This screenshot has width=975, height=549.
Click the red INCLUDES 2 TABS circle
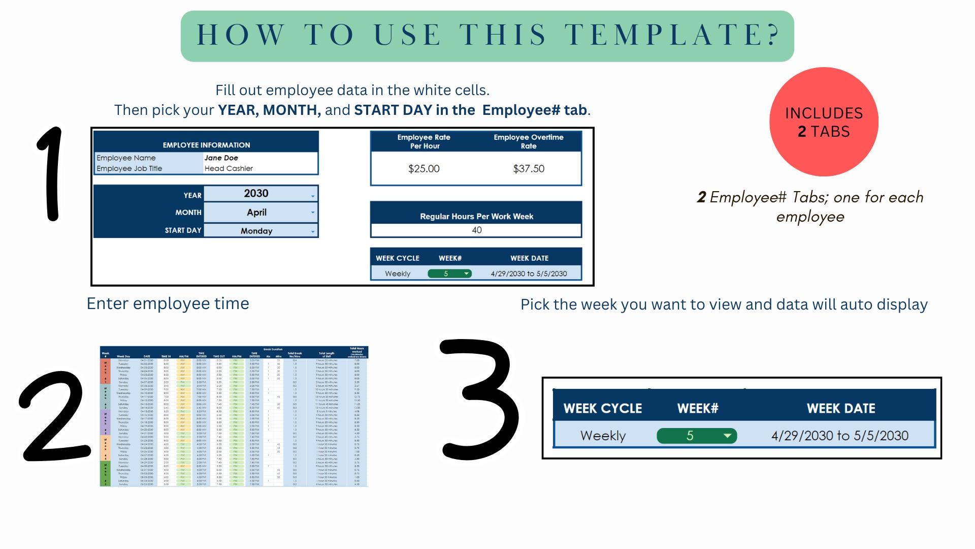pos(824,122)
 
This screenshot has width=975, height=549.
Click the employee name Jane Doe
pos(221,158)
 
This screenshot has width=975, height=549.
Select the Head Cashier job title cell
pos(229,169)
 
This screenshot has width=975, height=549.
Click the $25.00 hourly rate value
pos(424,169)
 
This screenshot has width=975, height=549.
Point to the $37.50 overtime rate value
pos(529,169)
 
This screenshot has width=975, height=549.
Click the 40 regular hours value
pos(476,230)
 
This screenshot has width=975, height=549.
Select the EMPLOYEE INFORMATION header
pos(206,145)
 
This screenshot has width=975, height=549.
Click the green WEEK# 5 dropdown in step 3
pos(696,436)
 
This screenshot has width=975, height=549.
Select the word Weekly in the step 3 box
pos(603,436)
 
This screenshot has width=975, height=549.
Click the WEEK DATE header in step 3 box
pos(841,409)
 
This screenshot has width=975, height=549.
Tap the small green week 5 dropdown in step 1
pos(449,273)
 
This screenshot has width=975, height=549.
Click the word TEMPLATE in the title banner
pos(672,35)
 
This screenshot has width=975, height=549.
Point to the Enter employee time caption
pos(168,303)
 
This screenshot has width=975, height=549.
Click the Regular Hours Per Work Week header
pos(476,217)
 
